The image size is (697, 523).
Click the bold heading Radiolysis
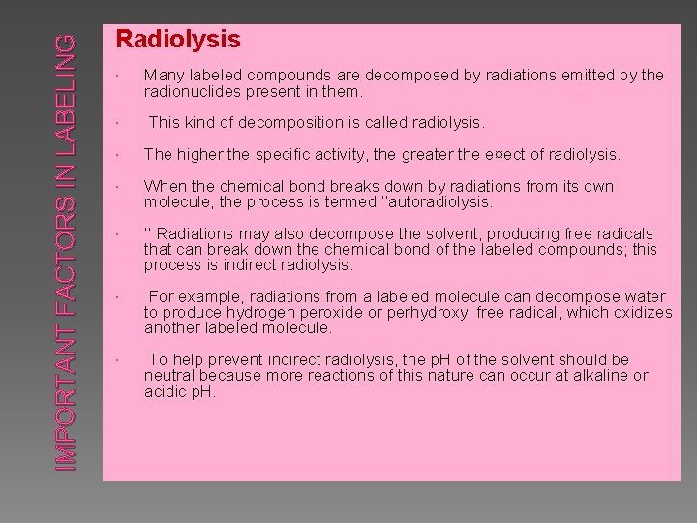point(178,40)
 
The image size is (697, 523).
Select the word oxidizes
point(640,313)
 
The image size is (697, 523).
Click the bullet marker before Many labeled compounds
point(116,76)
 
